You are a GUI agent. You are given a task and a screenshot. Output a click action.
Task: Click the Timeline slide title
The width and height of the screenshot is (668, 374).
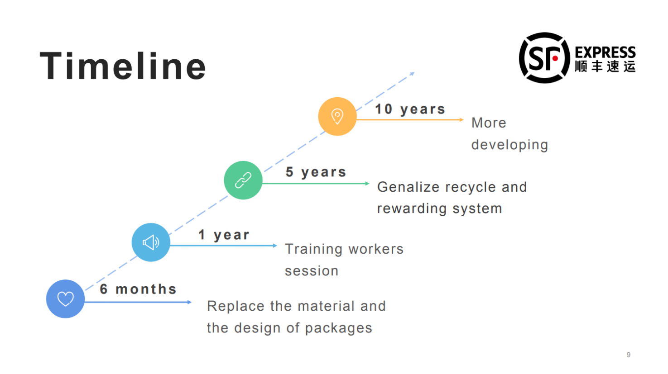123,66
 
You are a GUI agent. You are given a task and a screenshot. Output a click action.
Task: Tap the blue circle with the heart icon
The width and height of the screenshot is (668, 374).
65,299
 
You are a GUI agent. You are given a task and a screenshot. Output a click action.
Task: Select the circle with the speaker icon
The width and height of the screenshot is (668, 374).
151,242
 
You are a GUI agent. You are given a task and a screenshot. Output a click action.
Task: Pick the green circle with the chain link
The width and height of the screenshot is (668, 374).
243,180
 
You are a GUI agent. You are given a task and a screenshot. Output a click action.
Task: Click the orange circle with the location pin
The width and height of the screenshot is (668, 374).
337,116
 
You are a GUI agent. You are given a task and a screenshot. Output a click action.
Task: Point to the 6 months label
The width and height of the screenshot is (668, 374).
138,289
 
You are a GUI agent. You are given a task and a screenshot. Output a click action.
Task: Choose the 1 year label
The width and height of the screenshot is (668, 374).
224,235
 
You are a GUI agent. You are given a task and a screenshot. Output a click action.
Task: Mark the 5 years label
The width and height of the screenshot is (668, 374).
316,172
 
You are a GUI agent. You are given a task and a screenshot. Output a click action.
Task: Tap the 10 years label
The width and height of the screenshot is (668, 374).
410,109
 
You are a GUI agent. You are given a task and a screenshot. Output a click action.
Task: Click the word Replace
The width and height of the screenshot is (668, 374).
235,306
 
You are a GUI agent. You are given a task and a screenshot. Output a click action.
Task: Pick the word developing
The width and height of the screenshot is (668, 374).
509,145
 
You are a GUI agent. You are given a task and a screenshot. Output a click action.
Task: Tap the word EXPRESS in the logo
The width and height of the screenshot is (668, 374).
605,52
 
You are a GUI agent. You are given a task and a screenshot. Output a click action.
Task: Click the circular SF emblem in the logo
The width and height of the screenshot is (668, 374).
544,58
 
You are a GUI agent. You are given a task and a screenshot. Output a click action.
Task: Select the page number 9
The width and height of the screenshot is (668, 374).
628,355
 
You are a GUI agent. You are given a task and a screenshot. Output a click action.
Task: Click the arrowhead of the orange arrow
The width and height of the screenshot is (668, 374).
461,120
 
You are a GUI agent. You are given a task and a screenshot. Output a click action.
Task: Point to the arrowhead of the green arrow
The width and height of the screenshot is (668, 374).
367,184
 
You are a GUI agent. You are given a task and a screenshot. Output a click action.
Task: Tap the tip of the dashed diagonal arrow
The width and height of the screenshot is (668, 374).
413,73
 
